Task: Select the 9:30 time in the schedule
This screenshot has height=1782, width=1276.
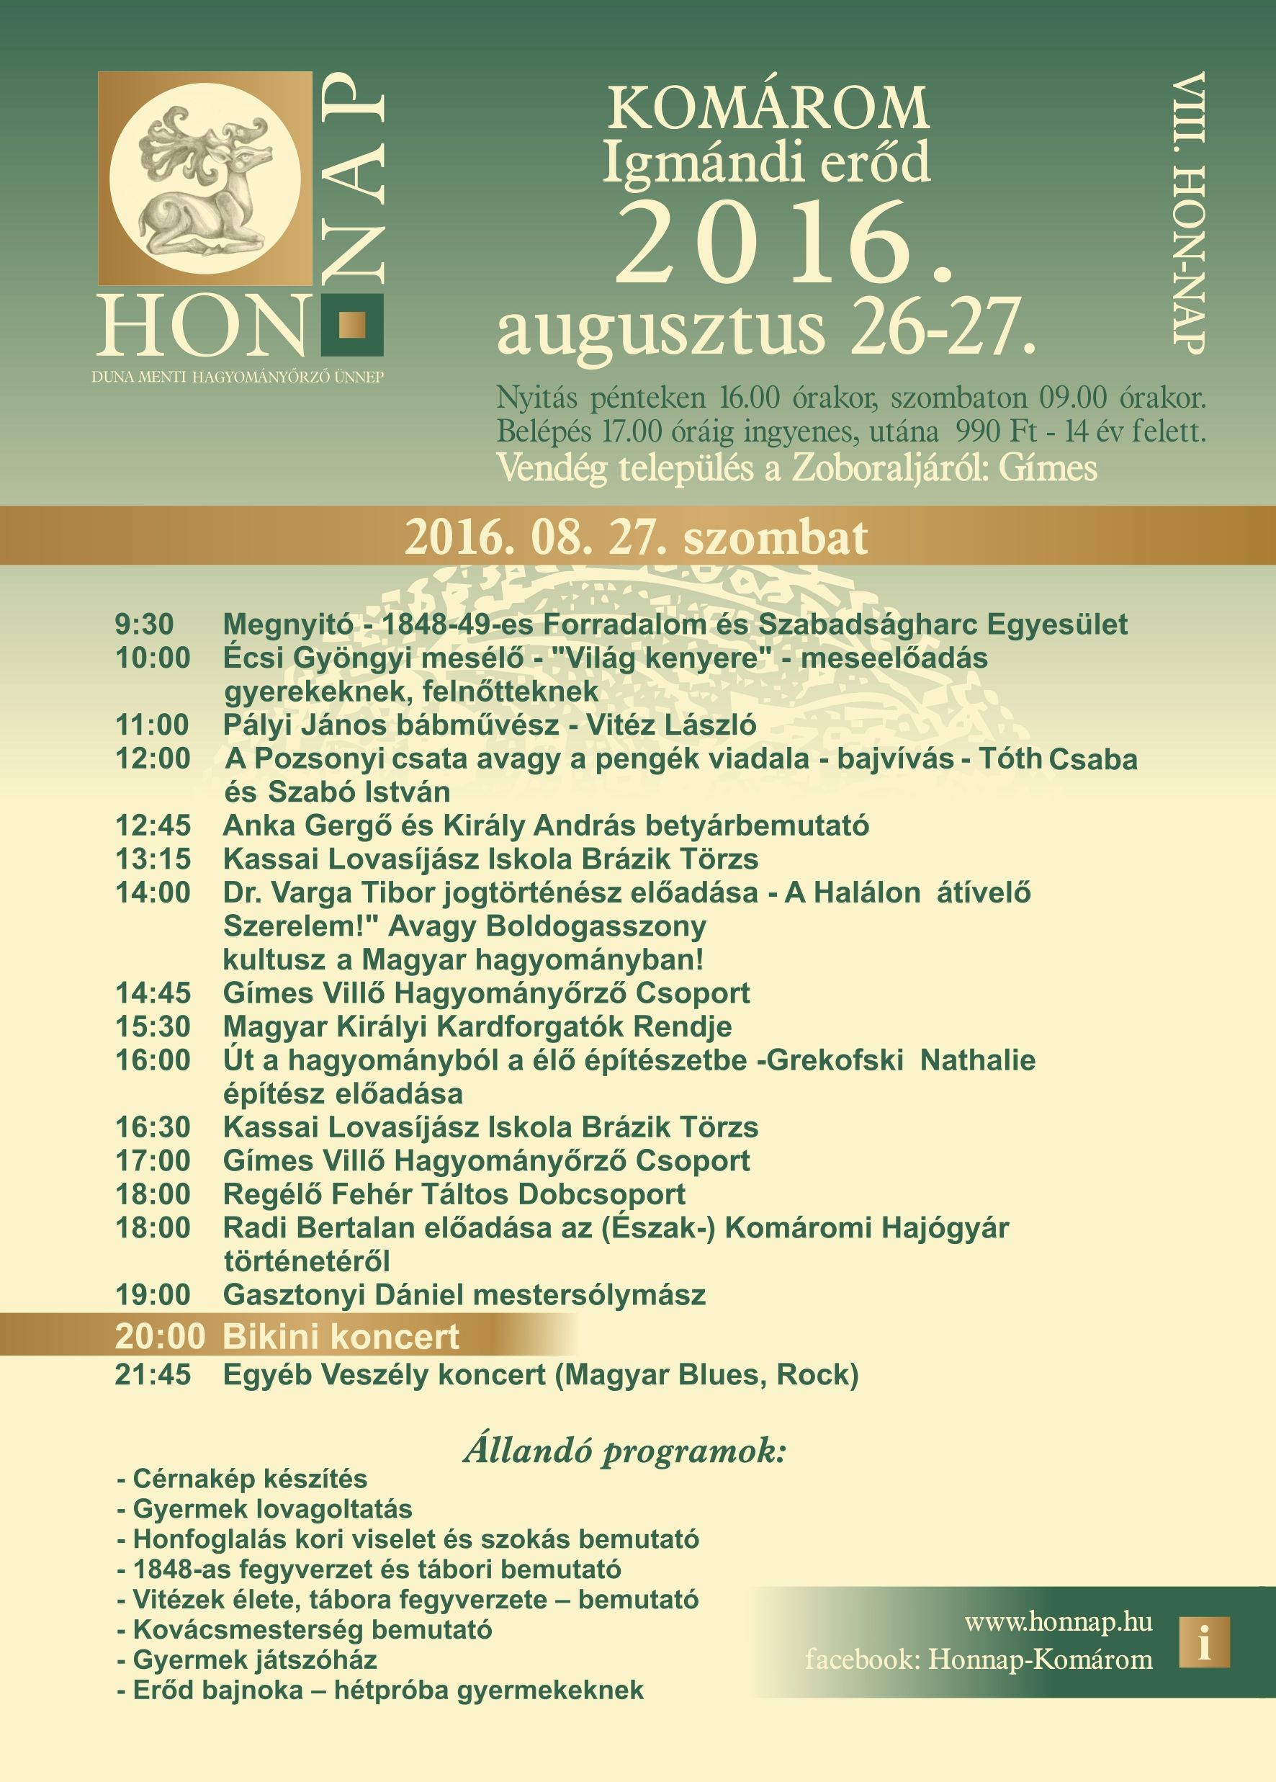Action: click(144, 624)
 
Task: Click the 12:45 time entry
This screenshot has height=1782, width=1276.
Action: click(153, 825)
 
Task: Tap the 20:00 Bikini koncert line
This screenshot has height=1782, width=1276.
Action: click(287, 1337)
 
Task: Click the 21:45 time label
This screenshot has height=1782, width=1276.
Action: click(153, 1374)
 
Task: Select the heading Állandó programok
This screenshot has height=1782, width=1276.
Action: click(624, 1451)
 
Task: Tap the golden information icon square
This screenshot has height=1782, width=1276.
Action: click(1204, 1642)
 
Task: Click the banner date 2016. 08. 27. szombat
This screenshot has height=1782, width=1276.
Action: click(637, 537)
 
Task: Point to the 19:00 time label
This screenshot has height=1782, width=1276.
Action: click(153, 1295)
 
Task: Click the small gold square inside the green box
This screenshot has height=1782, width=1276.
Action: click(352, 325)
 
